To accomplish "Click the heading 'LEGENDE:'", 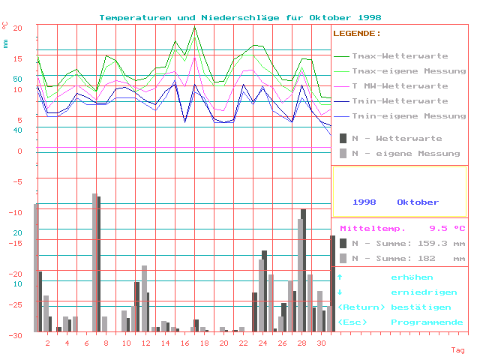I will pyautogui.click(x=357, y=34).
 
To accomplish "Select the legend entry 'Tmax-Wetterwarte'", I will pyautogui.click(x=400, y=55).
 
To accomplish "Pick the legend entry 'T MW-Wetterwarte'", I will pyautogui.click(x=400, y=85).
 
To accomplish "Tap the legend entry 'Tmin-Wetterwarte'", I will pyautogui.click(x=400, y=100).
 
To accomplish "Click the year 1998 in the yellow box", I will pyautogui.click(x=364, y=202).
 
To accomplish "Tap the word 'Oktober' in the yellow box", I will pyautogui.click(x=418, y=202).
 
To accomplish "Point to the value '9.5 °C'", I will pyautogui.click(x=447, y=228).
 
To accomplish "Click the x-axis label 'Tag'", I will pyautogui.click(x=457, y=349).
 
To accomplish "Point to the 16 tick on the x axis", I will pyautogui.click(x=184, y=343).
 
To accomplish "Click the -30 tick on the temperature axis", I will pyautogui.click(x=17, y=335).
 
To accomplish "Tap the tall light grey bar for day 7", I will pyautogui.click(x=94, y=262).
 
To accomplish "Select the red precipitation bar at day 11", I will pyautogui.click(x=136, y=306).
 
